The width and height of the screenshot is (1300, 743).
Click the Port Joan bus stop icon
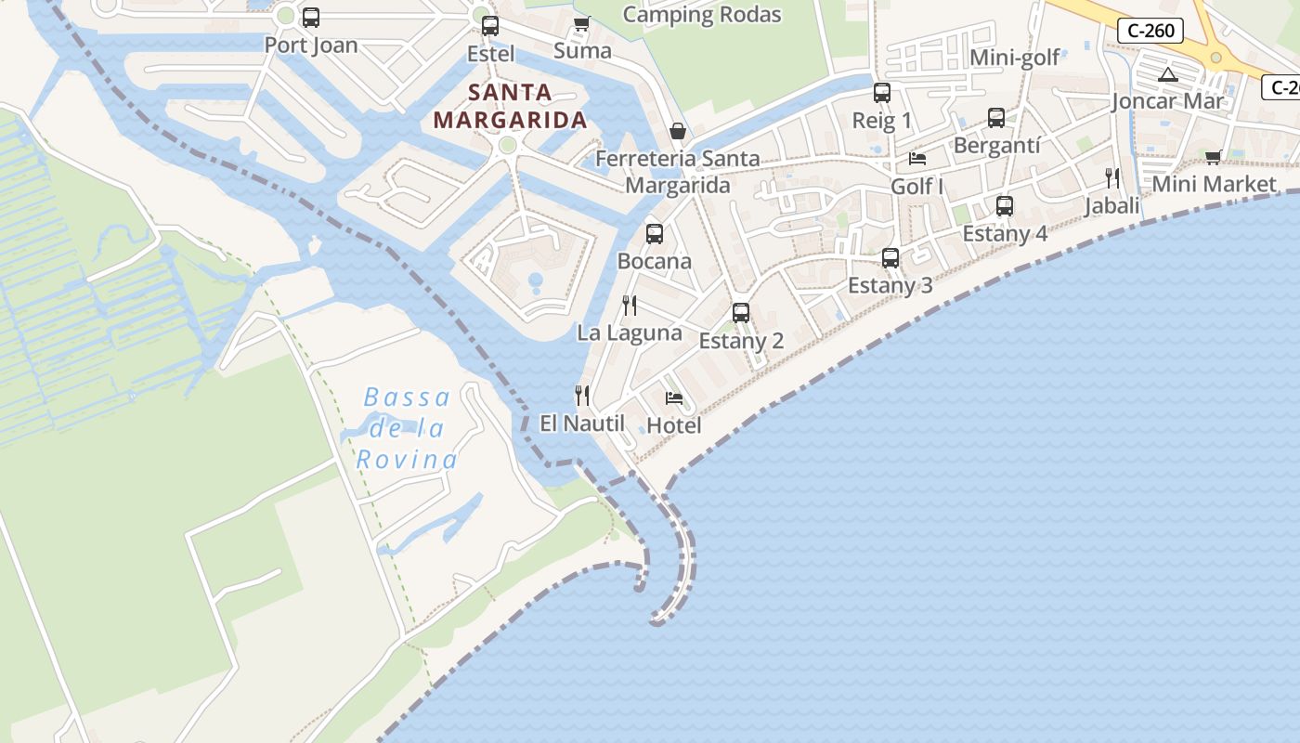pos(311,18)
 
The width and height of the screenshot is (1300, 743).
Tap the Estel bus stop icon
pos(490,26)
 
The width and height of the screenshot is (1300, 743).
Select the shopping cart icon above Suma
pos(582,23)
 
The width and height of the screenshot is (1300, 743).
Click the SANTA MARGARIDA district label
pos(510,106)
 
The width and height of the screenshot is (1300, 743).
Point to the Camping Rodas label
pos(702,15)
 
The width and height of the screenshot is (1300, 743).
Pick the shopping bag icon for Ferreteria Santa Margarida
pos(678,132)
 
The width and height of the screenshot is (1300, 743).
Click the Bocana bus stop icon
pos(655,234)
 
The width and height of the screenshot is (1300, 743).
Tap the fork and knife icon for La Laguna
pos(630,306)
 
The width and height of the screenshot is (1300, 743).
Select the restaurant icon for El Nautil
pos(582,396)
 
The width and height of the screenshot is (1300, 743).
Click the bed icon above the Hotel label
pos(674,398)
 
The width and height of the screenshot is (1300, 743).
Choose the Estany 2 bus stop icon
pos(741,313)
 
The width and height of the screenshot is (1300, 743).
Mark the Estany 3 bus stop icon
pos(890,258)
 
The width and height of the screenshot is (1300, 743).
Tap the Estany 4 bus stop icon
pos(1005,206)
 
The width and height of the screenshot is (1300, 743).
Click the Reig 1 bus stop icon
pos(882,93)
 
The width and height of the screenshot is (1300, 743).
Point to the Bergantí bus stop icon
pos(996,118)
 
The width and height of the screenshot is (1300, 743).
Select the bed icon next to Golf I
pos(917,159)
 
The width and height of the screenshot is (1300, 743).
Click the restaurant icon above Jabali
pos(1112,178)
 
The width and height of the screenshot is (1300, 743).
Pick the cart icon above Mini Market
pos(1214,157)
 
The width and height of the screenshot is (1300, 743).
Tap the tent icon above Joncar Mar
pos(1168,74)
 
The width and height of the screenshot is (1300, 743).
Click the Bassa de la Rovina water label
pos(408,428)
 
